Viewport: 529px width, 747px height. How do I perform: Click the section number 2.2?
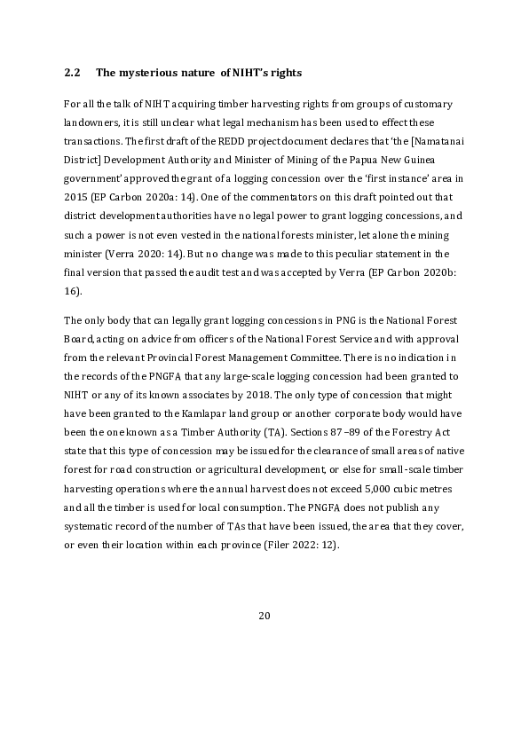pyautogui.click(x=73, y=72)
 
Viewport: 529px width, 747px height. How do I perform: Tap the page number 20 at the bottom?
pyautogui.click(x=264, y=617)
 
